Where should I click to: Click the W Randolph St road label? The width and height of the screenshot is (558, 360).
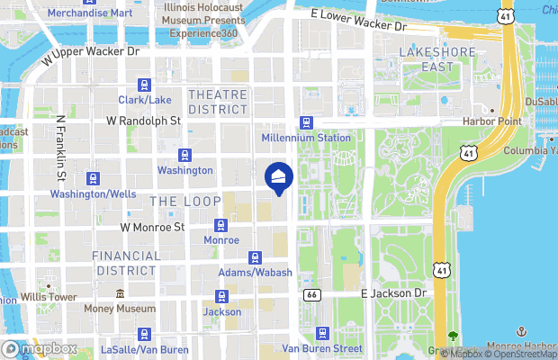coord(144,120)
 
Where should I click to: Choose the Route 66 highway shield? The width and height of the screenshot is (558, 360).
coord(311,294)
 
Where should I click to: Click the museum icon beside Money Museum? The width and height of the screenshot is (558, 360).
coord(120,294)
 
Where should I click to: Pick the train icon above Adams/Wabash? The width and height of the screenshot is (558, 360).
coord(255,257)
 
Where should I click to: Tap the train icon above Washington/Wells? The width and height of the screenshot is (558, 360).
coord(93,178)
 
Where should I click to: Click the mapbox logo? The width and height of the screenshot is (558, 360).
coord(39,348)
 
